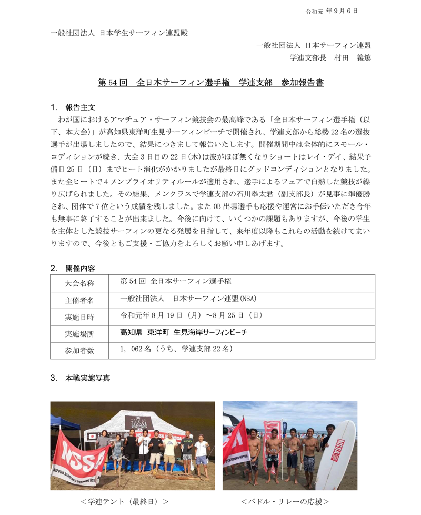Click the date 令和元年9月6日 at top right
coord(332,11)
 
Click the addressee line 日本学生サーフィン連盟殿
coord(119,33)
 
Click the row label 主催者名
coord(80,300)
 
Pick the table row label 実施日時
coord(80,317)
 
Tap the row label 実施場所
coord(80,334)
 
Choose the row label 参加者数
coord(80,351)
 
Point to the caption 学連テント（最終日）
coord(125,501)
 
